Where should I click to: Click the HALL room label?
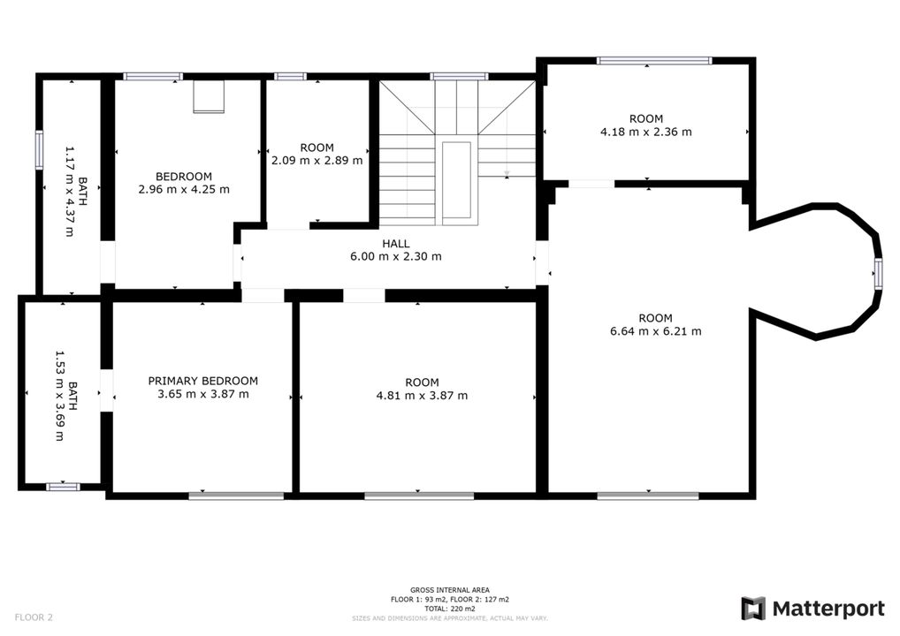pyautogui.click(x=395, y=244)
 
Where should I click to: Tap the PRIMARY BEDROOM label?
pyautogui.click(x=203, y=381)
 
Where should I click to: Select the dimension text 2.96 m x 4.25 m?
pyautogui.click(x=184, y=189)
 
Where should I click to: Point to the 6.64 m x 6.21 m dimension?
pyautogui.click(x=655, y=331)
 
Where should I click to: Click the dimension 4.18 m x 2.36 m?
pyautogui.click(x=646, y=132)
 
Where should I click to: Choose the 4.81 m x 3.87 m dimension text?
pyautogui.click(x=422, y=396)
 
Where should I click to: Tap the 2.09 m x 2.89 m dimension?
pyautogui.click(x=317, y=161)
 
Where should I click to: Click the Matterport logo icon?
pyautogui.click(x=753, y=609)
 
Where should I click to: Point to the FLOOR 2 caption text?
pyautogui.click(x=34, y=617)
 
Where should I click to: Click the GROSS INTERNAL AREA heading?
pyautogui.click(x=450, y=590)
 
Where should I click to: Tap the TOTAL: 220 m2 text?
pyautogui.click(x=450, y=609)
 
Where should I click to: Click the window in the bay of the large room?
pyautogui.click(x=878, y=272)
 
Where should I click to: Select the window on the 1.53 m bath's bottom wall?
pyautogui.click(x=63, y=487)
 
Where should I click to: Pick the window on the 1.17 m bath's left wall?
pyautogui.click(x=39, y=149)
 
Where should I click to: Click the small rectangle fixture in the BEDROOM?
pyautogui.click(x=209, y=96)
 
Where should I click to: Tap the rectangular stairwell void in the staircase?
pyautogui.click(x=456, y=180)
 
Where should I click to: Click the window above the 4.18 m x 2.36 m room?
pyautogui.click(x=654, y=60)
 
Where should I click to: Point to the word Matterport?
pyautogui.click(x=828, y=609)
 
